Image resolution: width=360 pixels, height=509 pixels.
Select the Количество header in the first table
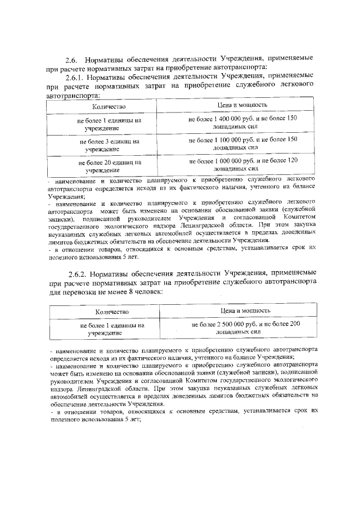(x=110, y=106)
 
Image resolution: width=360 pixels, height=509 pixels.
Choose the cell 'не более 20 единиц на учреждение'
(x=110, y=165)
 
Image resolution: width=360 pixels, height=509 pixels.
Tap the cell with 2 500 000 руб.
(x=246, y=328)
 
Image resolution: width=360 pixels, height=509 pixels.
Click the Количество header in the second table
(x=112, y=311)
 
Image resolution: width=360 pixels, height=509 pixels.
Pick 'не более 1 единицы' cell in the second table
(x=112, y=328)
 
